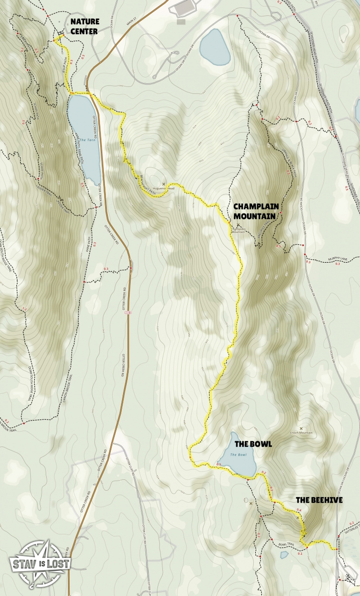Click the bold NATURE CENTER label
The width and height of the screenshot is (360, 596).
[x=84, y=26]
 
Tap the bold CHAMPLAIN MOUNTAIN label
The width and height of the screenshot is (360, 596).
[x=255, y=211]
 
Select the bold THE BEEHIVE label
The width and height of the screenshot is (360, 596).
[x=319, y=500]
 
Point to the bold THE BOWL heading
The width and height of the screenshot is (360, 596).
[x=253, y=444]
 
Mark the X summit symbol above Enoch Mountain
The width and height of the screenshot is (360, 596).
[x=301, y=428]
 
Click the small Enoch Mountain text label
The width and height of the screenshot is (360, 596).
[x=301, y=433]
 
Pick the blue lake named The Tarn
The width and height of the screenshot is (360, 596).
[x=84, y=134]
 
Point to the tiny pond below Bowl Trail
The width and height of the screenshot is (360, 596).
[x=284, y=555]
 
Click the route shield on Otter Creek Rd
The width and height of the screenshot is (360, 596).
[x=129, y=312]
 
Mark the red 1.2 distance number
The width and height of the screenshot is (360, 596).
[x=23, y=309]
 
